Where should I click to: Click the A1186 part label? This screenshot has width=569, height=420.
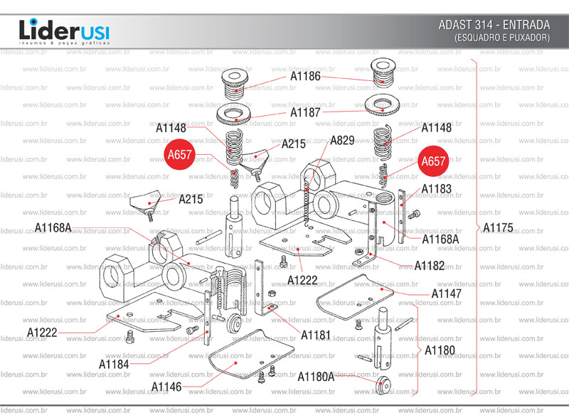pos(305,76)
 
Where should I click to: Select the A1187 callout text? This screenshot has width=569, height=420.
pos(305,112)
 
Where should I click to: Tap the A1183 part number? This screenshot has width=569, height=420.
pos(436,189)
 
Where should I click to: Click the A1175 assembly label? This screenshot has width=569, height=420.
pos(497,227)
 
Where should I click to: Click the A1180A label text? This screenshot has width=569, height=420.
pos(316,377)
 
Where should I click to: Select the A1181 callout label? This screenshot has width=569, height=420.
pos(316,334)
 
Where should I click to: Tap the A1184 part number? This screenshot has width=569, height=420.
pos(114,364)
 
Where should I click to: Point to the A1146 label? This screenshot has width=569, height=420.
pos(166,387)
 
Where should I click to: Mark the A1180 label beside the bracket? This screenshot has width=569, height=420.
pos(440,350)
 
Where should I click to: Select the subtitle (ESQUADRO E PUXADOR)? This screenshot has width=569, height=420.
pos(502,37)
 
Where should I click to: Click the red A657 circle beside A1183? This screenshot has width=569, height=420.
pos(433,162)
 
